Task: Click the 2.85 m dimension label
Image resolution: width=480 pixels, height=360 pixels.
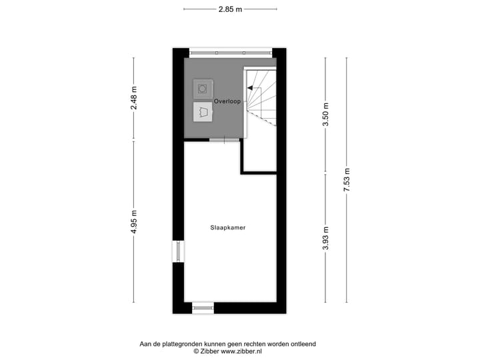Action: click(x=230, y=9)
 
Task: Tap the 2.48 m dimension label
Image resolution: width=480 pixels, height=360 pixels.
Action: click(x=133, y=99)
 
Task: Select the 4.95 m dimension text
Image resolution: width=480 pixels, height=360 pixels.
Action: click(x=133, y=226)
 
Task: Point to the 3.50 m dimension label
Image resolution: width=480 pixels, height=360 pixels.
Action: click(x=326, y=115)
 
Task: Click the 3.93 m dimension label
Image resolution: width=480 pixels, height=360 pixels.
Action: click(x=326, y=238)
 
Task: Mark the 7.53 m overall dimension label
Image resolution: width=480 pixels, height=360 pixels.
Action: click(x=346, y=180)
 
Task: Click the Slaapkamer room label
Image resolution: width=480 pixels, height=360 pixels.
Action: click(x=228, y=227)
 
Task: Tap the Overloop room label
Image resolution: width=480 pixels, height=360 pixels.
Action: click(x=227, y=101)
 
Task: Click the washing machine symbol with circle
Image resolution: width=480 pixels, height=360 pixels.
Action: click(x=202, y=88)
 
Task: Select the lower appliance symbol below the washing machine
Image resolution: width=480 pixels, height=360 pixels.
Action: click(x=202, y=111)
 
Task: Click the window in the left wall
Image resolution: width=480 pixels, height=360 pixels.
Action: click(x=178, y=251)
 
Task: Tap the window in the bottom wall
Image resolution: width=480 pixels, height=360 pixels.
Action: click(x=203, y=307)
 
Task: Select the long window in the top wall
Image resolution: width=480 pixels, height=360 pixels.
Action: click(x=230, y=52)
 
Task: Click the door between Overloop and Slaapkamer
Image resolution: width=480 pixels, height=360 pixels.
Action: click(x=225, y=140)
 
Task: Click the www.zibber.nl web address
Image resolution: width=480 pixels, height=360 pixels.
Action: click(x=241, y=351)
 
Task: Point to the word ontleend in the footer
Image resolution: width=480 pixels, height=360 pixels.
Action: click(x=302, y=344)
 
